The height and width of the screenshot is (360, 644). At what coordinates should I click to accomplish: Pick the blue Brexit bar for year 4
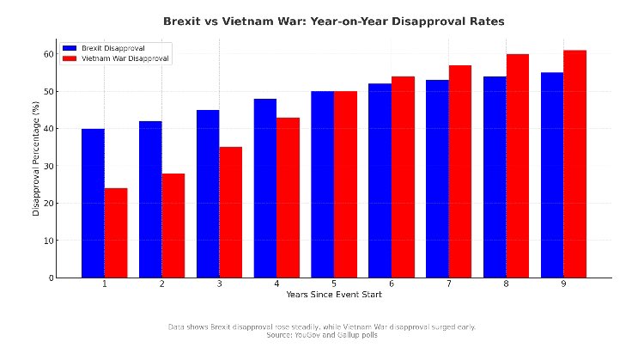[265, 188]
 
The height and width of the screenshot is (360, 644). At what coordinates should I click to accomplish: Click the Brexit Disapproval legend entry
[118, 48]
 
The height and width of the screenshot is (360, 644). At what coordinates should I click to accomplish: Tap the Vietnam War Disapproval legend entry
[125, 59]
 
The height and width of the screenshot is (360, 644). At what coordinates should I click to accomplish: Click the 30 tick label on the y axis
[46, 166]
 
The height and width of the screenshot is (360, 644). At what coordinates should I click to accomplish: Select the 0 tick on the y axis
[49, 278]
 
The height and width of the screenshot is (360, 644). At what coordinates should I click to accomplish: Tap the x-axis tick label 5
[334, 284]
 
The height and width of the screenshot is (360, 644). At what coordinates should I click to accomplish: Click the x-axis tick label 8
[506, 284]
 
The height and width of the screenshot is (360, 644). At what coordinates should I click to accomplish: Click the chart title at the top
[334, 20]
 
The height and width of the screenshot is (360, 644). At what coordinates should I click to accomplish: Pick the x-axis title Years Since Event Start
[334, 295]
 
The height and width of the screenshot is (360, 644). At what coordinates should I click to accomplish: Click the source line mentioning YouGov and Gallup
[322, 335]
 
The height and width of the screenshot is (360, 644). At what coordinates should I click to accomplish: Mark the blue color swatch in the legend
[70, 48]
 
